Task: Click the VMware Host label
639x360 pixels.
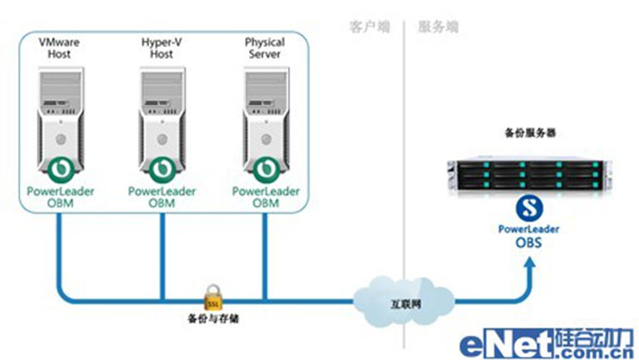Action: click(58, 47)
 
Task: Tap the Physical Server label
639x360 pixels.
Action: click(265, 47)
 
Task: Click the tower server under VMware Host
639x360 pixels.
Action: click(58, 121)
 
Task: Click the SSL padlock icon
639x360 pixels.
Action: click(211, 297)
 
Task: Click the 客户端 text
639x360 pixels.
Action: click(367, 27)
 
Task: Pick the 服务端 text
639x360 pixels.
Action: click(438, 27)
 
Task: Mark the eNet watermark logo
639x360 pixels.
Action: click(545, 343)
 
